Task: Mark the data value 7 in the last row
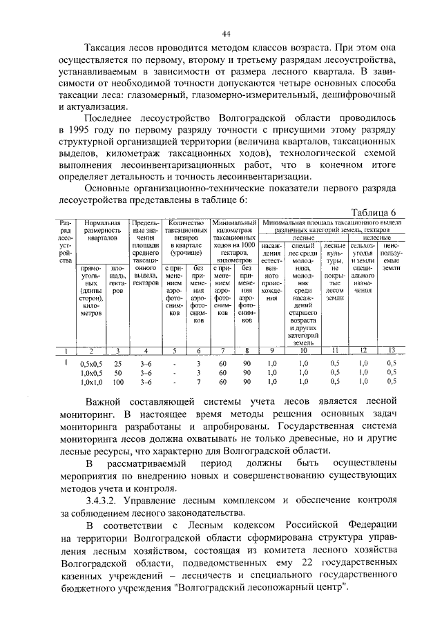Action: click(198, 381)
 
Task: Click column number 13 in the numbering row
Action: click(392, 350)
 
